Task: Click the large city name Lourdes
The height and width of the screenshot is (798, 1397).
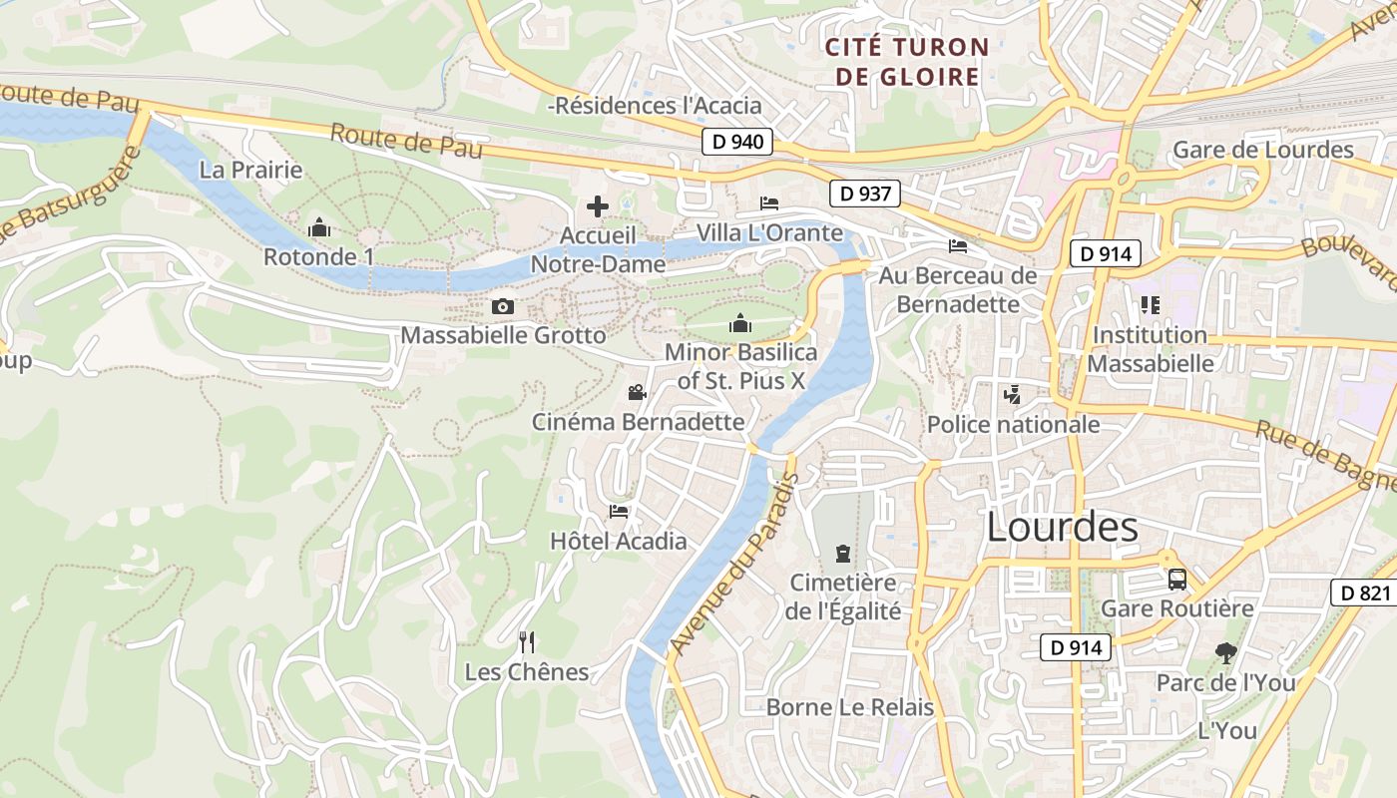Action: tap(1062, 528)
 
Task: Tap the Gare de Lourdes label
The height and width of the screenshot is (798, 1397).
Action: tap(1262, 150)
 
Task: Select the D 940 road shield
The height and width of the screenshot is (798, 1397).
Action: tap(738, 142)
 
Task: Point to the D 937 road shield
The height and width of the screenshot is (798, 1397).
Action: tap(865, 194)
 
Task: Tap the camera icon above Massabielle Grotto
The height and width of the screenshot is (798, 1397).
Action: tap(503, 306)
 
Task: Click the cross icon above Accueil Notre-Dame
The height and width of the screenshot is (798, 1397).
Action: tap(598, 206)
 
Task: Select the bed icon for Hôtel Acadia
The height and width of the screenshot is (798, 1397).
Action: tap(619, 512)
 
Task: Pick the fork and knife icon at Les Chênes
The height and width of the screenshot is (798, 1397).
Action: tap(527, 641)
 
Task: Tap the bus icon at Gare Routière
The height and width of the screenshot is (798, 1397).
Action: tap(1177, 579)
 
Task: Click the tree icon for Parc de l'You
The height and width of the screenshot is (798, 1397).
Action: tap(1225, 653)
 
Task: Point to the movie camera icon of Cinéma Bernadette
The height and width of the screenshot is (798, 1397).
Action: tap(637, 393)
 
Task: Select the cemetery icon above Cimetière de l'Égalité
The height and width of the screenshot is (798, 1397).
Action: tap(843, 553)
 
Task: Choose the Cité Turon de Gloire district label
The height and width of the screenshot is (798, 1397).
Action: tap(907, 62)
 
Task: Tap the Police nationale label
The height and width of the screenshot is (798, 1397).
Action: tap(1013, 425)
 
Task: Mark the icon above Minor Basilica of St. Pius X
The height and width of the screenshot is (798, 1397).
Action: tap(740, 322)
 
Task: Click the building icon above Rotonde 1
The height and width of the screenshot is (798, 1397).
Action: tap(319, 227)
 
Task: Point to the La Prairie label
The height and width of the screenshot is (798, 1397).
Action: tap(250, 170)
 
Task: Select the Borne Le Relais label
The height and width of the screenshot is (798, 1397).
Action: tap(849, 707)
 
